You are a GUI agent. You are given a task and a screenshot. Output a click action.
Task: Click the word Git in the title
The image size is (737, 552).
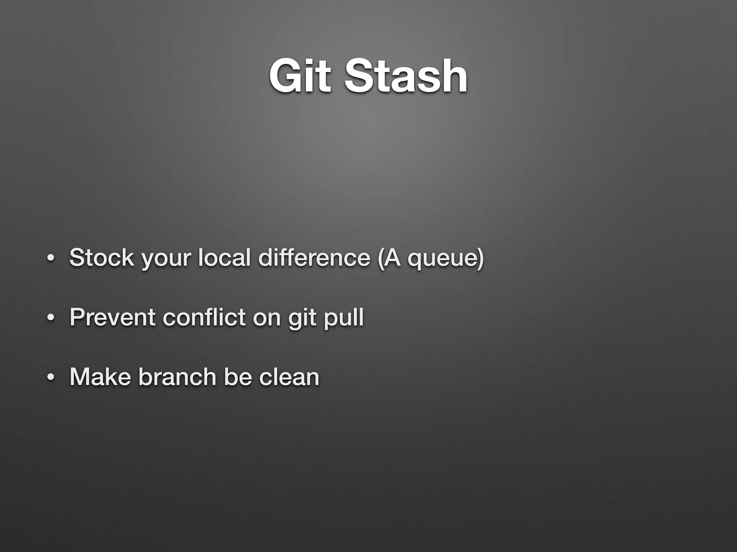coord(300,76)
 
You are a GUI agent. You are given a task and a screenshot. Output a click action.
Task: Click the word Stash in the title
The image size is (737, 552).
coord(406,76)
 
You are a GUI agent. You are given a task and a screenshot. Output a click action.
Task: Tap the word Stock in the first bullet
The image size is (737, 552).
coord(101,258)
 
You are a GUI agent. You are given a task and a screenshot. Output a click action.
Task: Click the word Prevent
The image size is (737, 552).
coord(112,317)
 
